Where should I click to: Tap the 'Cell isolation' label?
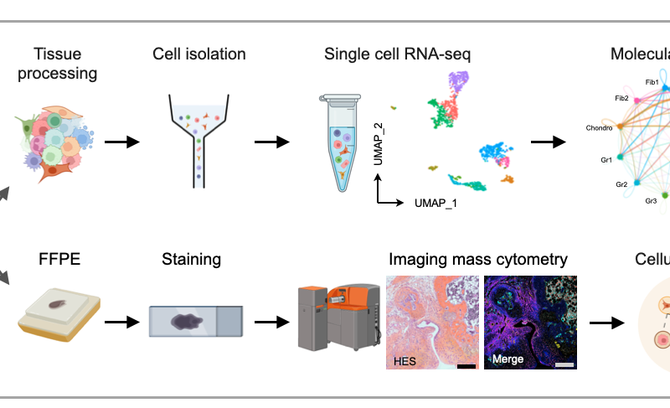pyautogui.click(x=199, y=54)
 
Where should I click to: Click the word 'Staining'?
pyautogui.click(x=191, y=259)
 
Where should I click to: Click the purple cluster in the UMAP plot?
pyautogui.click(x=456, y=84)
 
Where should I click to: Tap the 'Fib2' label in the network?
pyautogui.click(x=621, y=98)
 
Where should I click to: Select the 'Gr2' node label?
pyautogui.click(x=621, y=183)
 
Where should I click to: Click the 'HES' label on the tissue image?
pyautogui.click(x=405, y=359)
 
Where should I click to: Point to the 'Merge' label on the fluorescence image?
pyautogui.click(x=508, y=359)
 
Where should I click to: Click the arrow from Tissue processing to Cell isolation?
pyautogui.click(x=121, y=142)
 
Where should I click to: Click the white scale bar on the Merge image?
pyautogui.click(x=564, y=364)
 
